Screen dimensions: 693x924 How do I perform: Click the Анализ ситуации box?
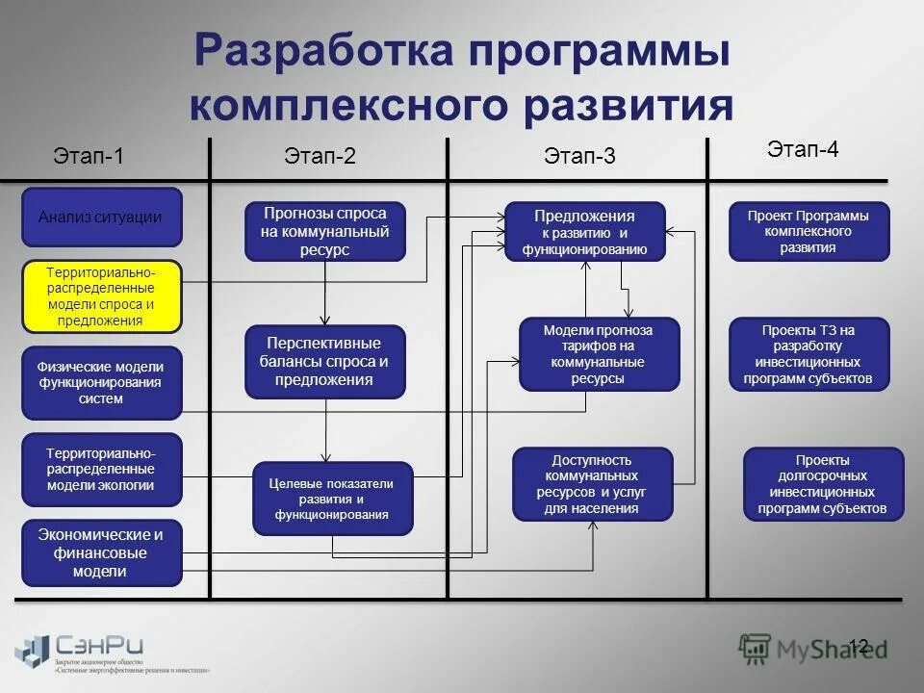click(101, 218)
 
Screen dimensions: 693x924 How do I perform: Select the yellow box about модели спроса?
click(101, 296)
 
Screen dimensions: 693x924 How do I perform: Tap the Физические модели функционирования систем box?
click(101, 382)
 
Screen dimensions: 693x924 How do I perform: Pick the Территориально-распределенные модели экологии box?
click(101, 469)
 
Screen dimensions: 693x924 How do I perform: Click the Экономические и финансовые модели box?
click(101, 552)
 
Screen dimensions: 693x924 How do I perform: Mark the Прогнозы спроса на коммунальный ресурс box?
click(325, 231)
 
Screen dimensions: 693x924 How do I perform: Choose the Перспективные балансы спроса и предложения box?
click(325, 361)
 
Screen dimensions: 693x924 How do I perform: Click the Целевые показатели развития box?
click(332, 499)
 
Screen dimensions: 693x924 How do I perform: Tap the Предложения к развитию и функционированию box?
click(585, 231)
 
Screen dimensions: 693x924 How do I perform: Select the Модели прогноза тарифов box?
click(599, 354)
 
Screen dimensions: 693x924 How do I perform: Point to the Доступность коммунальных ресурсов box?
click(591, 484)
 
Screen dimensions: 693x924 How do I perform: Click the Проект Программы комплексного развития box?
click(808, 231)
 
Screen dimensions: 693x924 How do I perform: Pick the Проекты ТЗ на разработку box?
click(808, 354)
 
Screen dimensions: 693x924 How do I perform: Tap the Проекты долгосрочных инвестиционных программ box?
click(823, 484)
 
